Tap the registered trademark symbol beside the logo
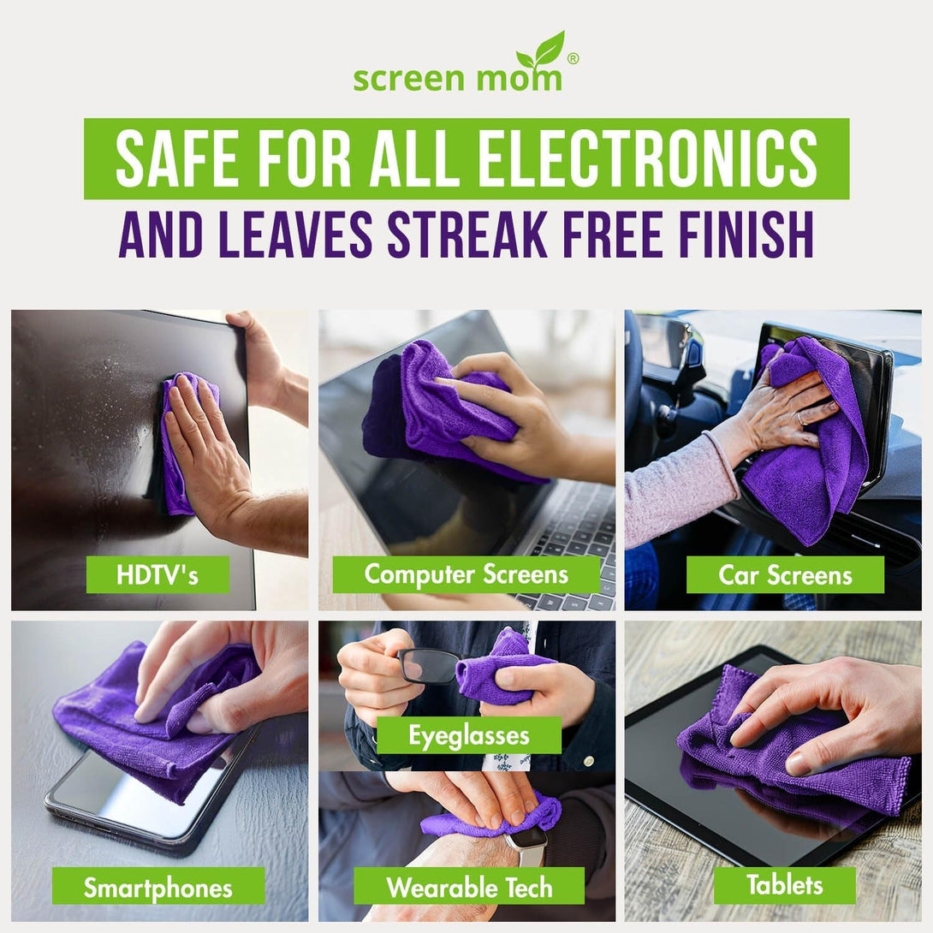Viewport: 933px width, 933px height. (573, 58)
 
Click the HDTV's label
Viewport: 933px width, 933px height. (157, 574)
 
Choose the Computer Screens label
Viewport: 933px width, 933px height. (466, 574)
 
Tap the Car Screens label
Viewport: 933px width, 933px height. (784, 575)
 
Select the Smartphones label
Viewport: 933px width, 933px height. (157, 887)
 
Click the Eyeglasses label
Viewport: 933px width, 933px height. (468, 735)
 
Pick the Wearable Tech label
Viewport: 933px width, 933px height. (468, 887)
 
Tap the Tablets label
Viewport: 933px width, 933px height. (784, 885)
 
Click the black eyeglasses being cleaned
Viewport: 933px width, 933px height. (428, 665)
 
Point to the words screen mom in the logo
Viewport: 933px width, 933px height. (457, 79)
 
